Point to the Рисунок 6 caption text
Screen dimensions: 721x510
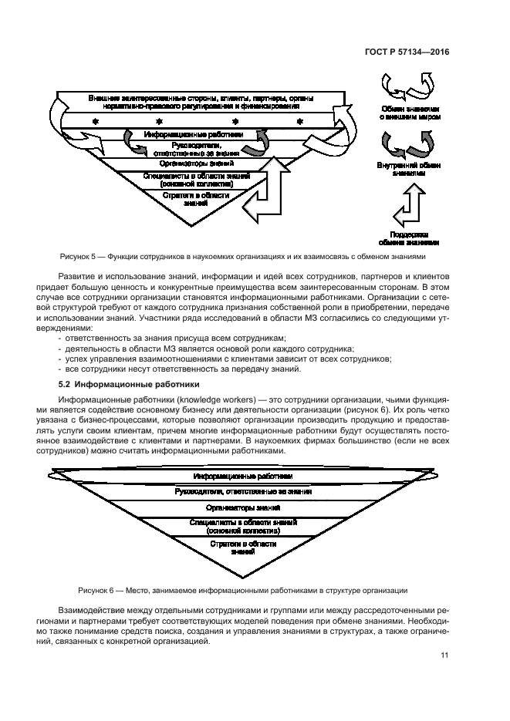pos(242,591)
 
